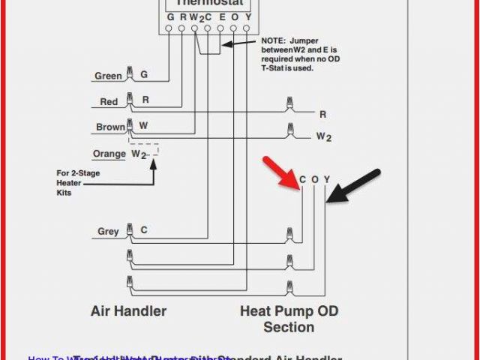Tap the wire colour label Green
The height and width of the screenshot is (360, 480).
point(108,76)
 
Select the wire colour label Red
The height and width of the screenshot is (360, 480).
point(109,101)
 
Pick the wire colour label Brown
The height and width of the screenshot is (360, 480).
point(110,127)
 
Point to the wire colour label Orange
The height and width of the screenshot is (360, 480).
point(109,154)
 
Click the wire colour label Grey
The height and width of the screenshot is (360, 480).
point(108,231)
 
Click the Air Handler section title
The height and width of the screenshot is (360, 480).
point(128,310)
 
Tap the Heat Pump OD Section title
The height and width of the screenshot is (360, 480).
point(289,319)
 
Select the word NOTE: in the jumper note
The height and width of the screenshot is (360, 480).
point(274,40)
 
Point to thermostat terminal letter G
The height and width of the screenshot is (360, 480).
point(170,16)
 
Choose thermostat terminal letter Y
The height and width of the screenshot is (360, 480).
point(246,16)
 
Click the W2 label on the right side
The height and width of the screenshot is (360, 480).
point(323,136)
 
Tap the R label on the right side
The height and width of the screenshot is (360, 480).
point(322,114)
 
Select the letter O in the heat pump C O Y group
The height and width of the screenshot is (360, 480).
point(315,179)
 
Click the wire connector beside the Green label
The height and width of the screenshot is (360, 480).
point(130,73)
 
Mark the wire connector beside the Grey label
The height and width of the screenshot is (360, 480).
point(130,229)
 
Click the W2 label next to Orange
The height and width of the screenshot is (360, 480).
point(139,154)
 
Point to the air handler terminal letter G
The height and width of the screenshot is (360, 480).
point(144,75)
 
